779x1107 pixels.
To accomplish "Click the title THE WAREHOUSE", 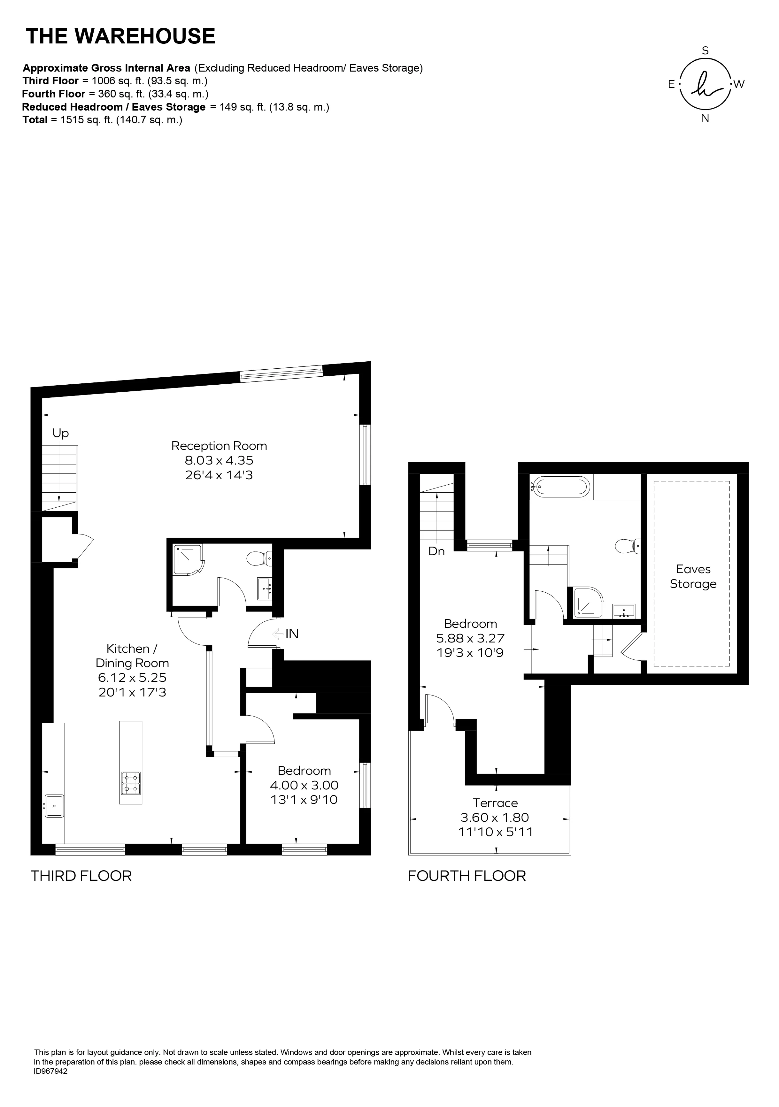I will point(120,36).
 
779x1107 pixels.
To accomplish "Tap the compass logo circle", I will point(705,84).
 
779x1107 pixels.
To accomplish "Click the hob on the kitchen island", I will point(131,783).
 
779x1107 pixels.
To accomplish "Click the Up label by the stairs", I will point(61,434).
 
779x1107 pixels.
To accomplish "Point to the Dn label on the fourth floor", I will point(436,551).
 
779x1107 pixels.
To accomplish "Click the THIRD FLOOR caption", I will point(81,876).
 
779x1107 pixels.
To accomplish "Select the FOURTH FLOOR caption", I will point(467,876).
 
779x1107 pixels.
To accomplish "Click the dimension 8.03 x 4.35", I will point(219,460).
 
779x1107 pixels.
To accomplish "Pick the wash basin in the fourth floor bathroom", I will point(624,611).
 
